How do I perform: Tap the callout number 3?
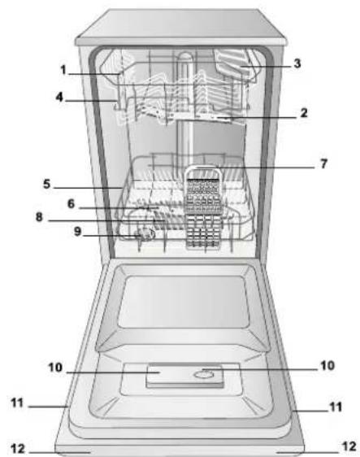(x=300, y=61)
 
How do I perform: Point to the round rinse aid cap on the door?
(x=205, y=375)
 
